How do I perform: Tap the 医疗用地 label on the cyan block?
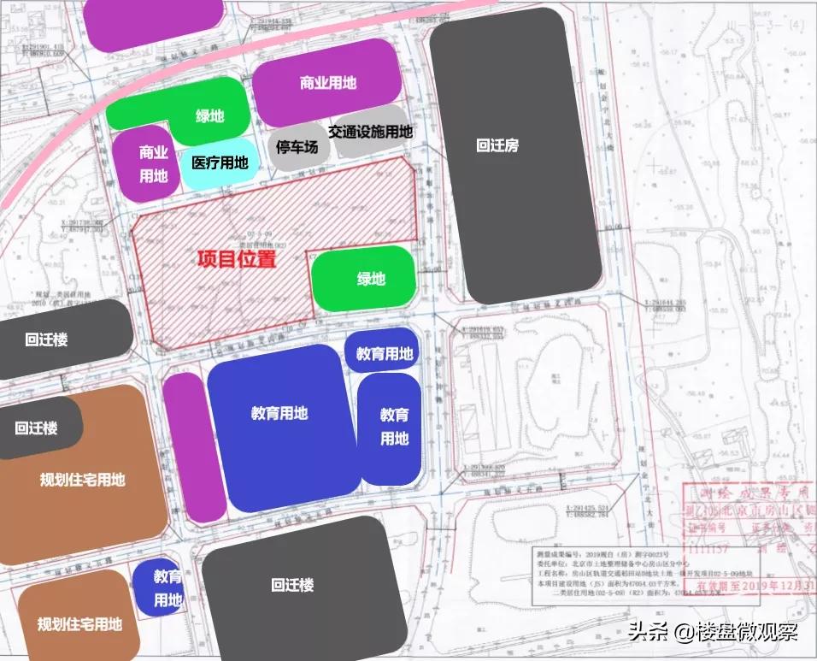220,162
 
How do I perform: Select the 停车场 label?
297,147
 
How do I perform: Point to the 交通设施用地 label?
370,132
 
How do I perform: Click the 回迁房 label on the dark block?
497,145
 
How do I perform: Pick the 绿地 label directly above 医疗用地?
209,115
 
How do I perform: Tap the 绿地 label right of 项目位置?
371,279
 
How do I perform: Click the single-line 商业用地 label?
327,83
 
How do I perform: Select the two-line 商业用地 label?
154,164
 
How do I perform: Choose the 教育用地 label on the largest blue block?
279,413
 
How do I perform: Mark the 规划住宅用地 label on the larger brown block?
82,480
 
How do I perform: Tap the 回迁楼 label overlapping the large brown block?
36,428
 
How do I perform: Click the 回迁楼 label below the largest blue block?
292,586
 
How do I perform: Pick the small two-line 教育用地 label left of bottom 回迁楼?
168,588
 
